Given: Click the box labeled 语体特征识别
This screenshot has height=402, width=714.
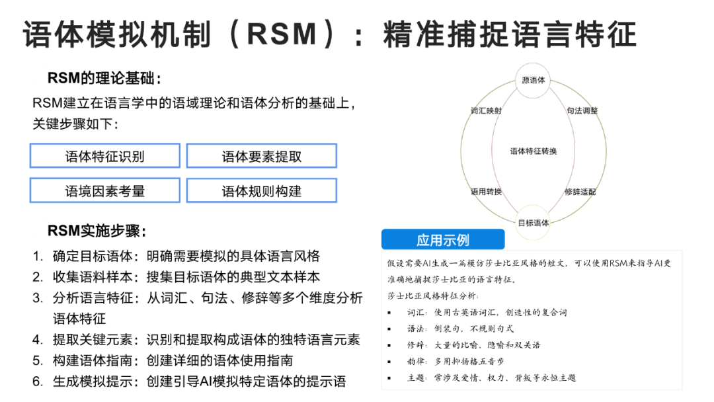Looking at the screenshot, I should pyautogui.click(x=104, y=156).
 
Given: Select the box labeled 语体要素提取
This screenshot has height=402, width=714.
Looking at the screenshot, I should pyautogui.click(x=261, y=156).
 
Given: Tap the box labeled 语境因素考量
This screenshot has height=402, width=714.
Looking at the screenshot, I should pyautogui.click(x=104, y=190).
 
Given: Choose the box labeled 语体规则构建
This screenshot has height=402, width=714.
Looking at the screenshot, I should pyautogui.click(x=261, y=190).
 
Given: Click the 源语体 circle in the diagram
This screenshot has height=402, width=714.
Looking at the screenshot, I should pyautogui.click(x=533, y=81).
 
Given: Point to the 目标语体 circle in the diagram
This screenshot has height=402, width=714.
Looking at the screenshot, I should pyautogui.click(x=533, y=222).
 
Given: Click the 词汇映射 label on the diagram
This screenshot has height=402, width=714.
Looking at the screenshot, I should pyautogui.click(x=486, y=110).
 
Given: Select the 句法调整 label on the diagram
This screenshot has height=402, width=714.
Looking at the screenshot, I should pyautogui.click(x=582, y=110).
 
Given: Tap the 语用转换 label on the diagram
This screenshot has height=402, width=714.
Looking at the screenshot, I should pyautogui.click(x=486, y=192).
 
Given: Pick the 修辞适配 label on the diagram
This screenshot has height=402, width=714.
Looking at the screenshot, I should pyautogui.click(x=580, y=192).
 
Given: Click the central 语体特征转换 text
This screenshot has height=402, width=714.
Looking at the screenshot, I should pyautogui.click(x=533, y=151).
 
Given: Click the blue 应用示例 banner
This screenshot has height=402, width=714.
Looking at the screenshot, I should pyautogui.click(x=442, y=239).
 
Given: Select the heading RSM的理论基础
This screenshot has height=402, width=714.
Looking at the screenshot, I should pyautogui.click(x=104, y=79).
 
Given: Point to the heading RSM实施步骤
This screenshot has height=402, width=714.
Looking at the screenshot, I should pyautogui.click(x=97, y=231).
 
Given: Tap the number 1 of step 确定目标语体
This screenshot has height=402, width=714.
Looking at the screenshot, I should pyautogui.click(x=38, y=256).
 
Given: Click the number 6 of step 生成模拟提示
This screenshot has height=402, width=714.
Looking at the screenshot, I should pyautogui.click(x=38, y=382).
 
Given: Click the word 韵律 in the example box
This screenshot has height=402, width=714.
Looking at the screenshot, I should pyautogui.click(x=416, y=361).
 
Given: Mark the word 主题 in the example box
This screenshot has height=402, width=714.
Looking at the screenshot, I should pyautogui.click(x=416, y=378).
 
